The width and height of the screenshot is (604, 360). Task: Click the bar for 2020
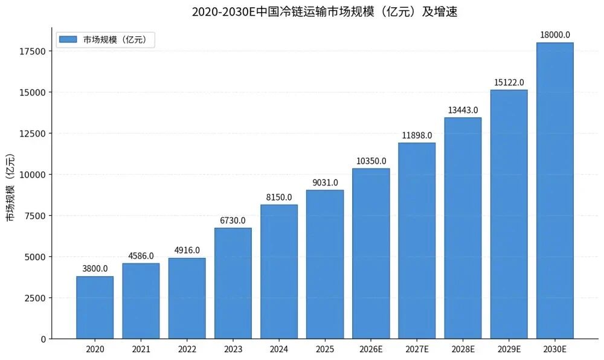tap(95, 307)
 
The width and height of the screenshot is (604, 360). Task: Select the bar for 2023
tap(233, 283)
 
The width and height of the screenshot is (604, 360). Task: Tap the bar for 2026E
tap(371, 254)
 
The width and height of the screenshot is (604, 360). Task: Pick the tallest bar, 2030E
tap(555, 191)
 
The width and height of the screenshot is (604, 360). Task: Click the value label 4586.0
tap(141, 256)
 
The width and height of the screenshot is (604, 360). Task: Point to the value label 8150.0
tap(279, 198)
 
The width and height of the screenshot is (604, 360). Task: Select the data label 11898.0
tap(417, 135)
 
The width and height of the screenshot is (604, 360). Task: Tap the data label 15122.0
tap(509, 82)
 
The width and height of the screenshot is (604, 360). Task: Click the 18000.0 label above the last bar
tap(555, 35)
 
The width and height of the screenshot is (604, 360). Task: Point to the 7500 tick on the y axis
tap(34, 216)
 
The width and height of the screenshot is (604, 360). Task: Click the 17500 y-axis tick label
tap(31, 51)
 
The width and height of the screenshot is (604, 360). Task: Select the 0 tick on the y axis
tap(43, 339)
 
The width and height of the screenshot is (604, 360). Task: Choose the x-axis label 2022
tap(187, 349)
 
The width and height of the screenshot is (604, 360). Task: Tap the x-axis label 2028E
tap(463, 349)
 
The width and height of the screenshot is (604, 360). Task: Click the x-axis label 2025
tap(325, 349)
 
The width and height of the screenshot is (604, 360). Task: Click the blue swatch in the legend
tap(68, 39)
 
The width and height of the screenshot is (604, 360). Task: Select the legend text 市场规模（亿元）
tap(119, 40)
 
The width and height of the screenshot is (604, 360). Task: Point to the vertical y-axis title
tap(10, 188)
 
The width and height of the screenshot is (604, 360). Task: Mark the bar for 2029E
tap(509, 214)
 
